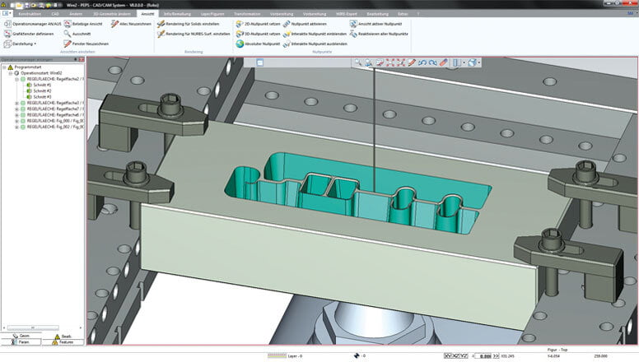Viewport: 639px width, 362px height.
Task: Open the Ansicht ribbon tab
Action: click(148, 14)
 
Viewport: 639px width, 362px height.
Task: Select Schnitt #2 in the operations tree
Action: click(41, 90)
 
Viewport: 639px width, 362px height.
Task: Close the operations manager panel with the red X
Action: click(82, 60)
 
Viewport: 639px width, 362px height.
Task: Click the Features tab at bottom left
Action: click(64, 340)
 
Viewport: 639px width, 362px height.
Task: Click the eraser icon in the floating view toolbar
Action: click(443, 62)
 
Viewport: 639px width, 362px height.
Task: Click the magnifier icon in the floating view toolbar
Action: click(358, 62)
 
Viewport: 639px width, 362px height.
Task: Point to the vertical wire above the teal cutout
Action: click(374, 123)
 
